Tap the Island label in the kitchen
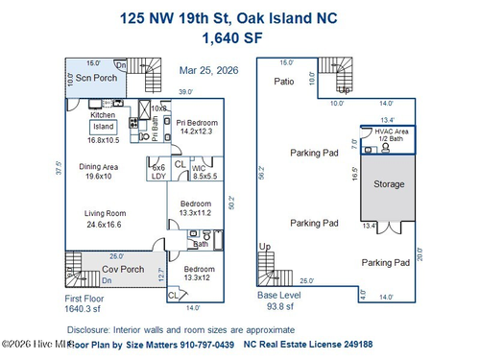point(103,127)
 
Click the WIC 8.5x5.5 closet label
point(205,172)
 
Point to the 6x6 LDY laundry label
point(159,172)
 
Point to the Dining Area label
point(97,166)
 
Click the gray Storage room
point(389,184)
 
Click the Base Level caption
point(279,297)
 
